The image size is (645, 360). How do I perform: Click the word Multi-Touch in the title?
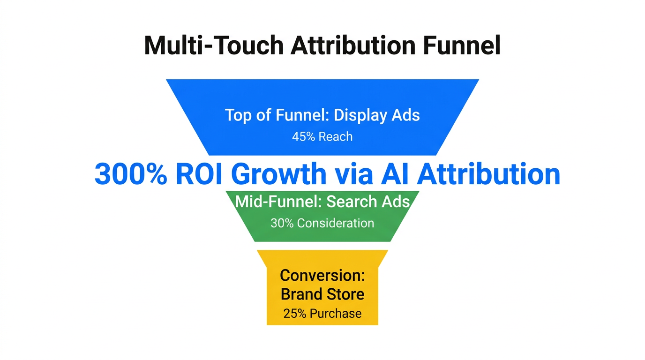click(213, 46)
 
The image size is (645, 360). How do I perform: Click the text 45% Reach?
click(322, 137)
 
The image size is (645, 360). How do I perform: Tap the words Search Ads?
click(368, 202)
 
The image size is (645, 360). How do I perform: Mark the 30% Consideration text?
click(322, 223)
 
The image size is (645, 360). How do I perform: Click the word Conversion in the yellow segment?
click(322, 275)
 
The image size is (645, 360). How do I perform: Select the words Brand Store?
click(322, 294)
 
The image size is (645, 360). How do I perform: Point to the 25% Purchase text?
click(322, 314)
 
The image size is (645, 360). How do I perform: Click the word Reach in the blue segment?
click(335, 137)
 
